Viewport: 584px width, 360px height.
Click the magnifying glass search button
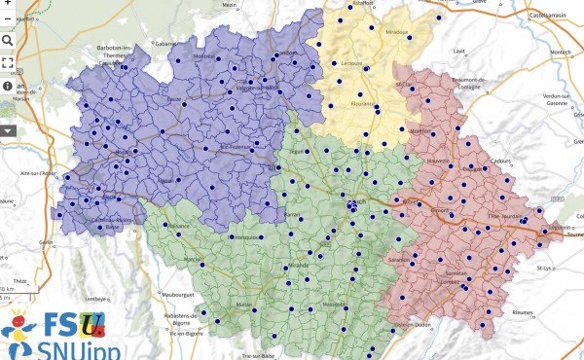coord(8,41)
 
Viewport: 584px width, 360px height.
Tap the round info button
coord(8,86)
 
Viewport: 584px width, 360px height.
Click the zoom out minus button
coord(8,18)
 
